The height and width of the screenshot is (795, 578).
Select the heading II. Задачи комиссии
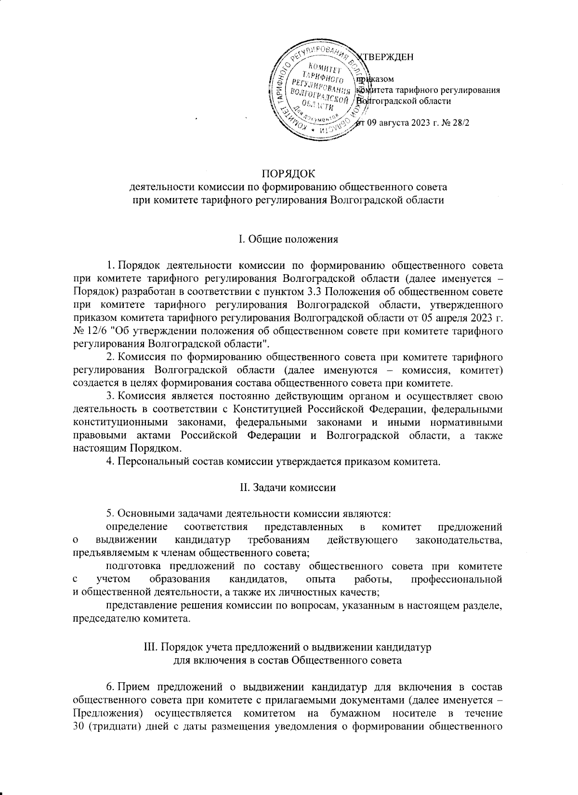[x=288, y=487]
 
